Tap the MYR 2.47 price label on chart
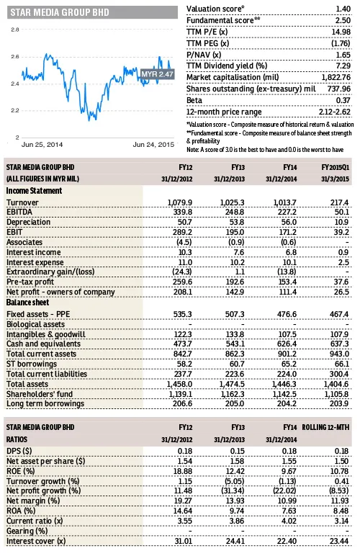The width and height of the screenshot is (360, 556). [156, 74]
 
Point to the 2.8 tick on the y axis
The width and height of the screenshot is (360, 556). [15, 30]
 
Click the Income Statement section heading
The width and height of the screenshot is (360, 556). [33, 190]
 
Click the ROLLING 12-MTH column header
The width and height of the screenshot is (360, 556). [325, 428]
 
